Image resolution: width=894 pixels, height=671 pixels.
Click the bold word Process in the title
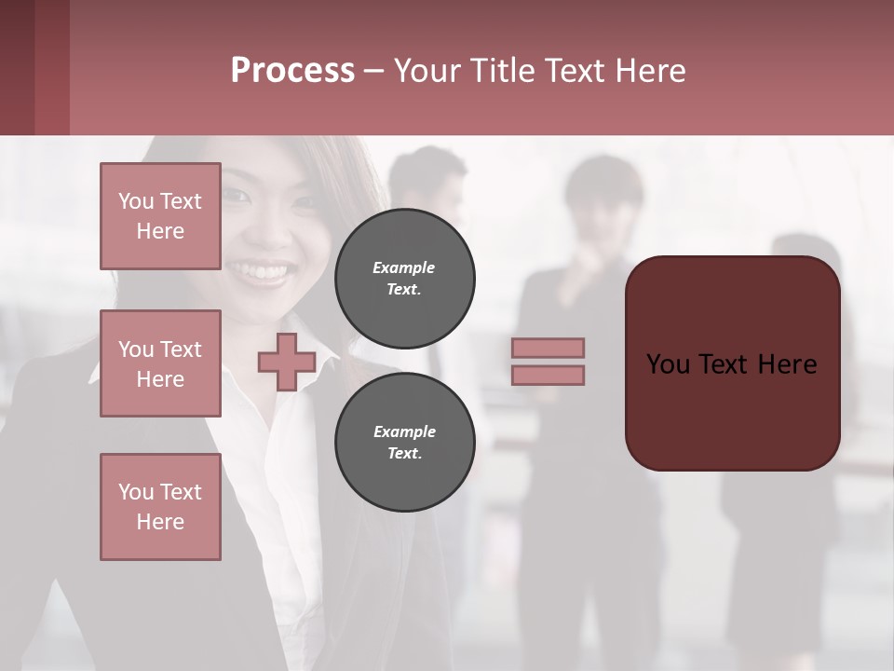click(x=292, y=71)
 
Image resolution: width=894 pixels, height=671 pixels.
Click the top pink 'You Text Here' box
click(x=160, y=216)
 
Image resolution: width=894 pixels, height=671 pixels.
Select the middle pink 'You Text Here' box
click(x=160, y=363)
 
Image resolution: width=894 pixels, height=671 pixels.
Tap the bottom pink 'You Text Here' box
click(x=160, y=507)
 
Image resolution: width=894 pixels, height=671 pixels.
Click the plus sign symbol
click(x=286, y=363)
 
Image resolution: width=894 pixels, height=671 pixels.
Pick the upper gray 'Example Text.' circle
click(x=404, y=278)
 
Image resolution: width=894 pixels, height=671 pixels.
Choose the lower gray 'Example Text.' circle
click(x=404, y=442)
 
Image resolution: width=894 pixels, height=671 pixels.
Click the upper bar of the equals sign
click(x=548, y=348)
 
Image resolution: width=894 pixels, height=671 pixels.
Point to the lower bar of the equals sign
click(x=548, y=375)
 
